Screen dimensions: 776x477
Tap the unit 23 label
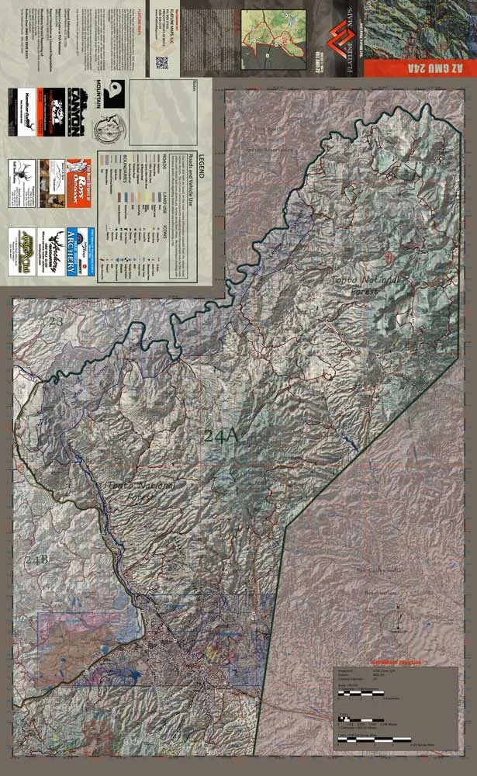coord(56,320)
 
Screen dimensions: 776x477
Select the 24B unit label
coord(36,560)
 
